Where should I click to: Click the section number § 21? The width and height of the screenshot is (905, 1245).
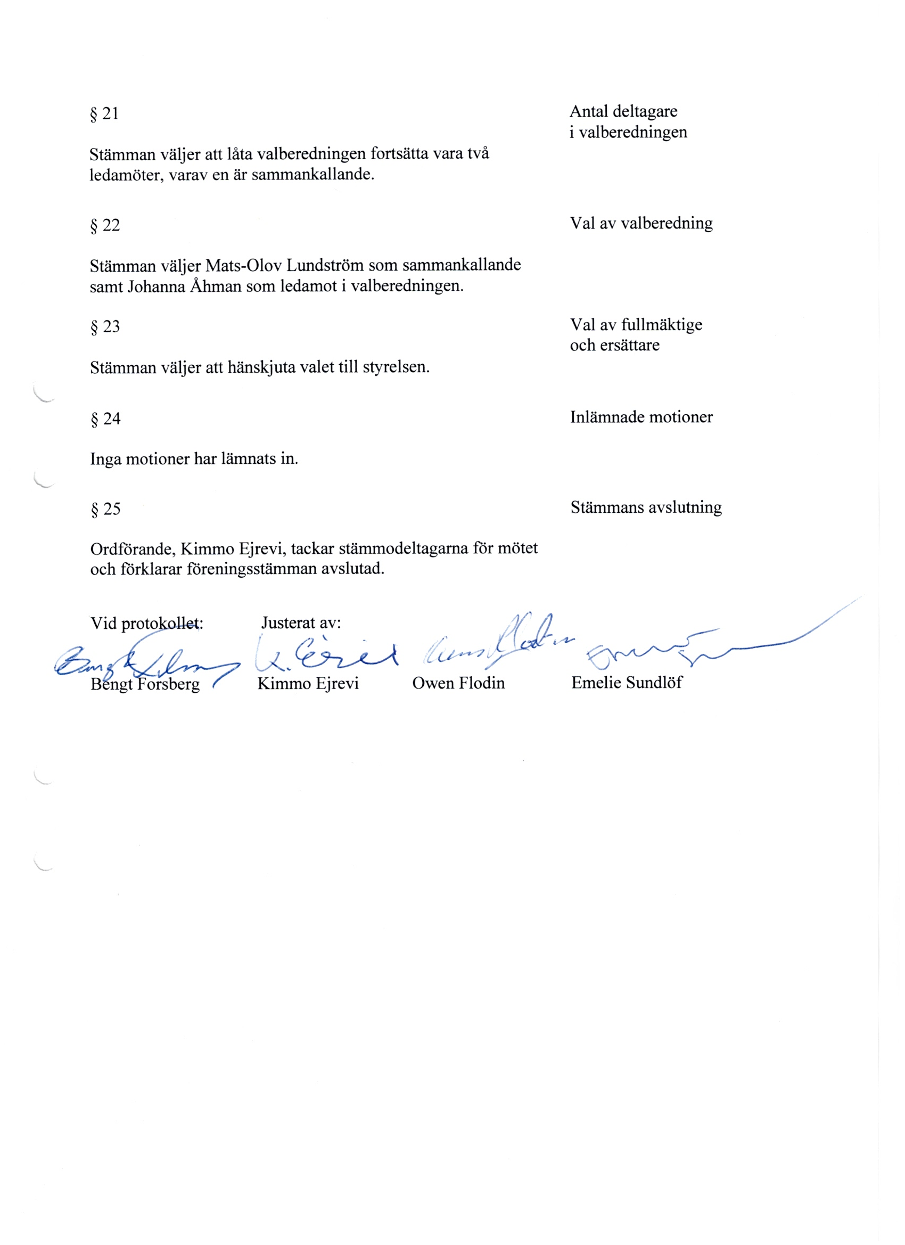point(104,113)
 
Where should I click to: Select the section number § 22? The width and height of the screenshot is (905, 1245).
point(105,225)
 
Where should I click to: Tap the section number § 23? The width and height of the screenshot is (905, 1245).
point(105,326)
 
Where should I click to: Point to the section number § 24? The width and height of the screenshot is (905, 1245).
point(105,419)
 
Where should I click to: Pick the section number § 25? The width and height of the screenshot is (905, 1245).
point(105,509)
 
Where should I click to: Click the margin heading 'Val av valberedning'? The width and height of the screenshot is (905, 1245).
point(641,223)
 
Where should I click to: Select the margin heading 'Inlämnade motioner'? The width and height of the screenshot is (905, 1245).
point(641,416)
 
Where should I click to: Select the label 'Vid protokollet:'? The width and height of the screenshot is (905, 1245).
point(146,623)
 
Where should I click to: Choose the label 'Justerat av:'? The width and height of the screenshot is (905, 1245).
point(301,623)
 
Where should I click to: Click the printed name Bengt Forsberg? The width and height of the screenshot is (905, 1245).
point(145,684)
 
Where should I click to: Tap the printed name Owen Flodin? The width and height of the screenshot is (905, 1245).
point(458,683)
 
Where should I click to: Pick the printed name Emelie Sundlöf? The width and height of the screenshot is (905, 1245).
point(627,682)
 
